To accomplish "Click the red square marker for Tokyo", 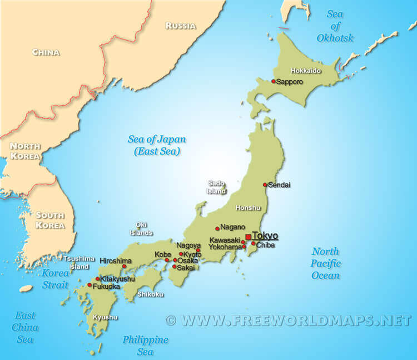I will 248,237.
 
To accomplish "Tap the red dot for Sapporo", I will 274,81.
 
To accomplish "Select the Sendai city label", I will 280,185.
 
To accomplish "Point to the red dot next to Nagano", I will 217,228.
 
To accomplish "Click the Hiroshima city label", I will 116,260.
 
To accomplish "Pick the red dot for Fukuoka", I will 90,285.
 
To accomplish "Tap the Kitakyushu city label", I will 117,278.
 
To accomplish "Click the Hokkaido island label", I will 306,71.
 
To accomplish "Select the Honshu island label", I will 248,208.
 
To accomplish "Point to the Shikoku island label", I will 150,294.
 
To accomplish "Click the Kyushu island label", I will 105,317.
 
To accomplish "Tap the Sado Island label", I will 217,187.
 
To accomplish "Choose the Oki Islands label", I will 141,229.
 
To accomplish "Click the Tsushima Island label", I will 76,263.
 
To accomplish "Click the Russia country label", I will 181,26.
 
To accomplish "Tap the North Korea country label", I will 25,151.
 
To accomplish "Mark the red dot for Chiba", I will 254,243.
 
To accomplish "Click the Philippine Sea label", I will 146,346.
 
